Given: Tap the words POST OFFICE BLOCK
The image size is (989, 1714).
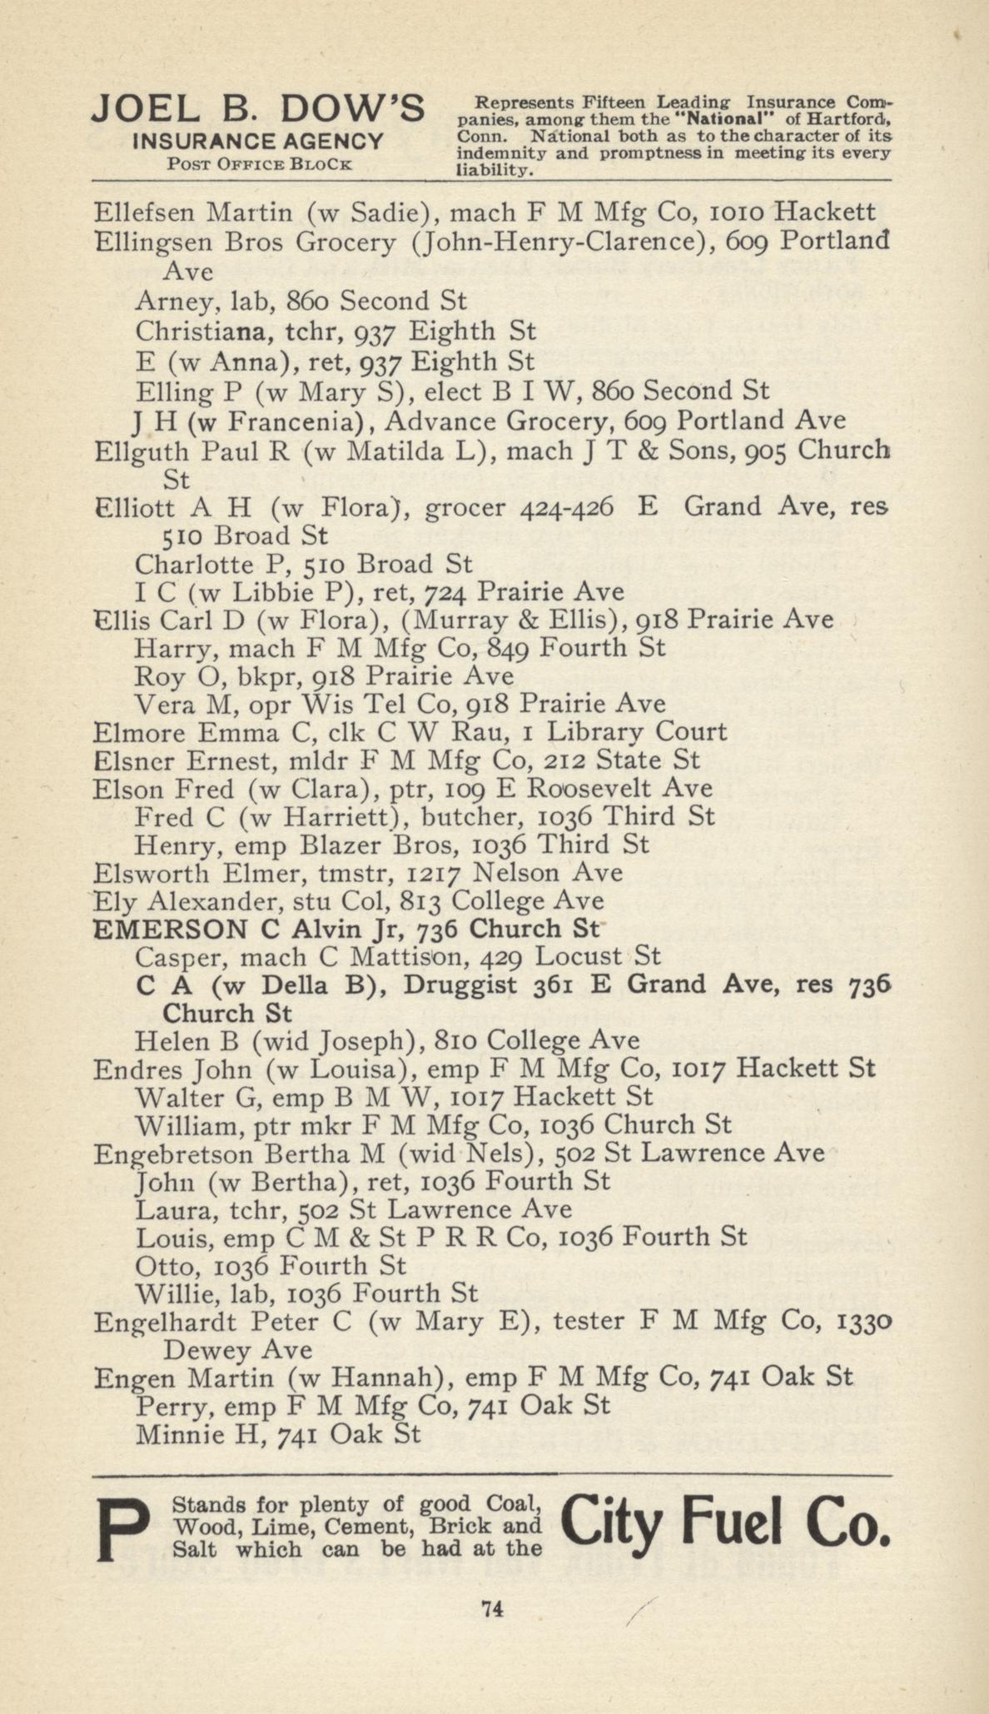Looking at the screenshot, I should (259, 164).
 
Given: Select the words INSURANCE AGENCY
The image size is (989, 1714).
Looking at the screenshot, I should (259, 142).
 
